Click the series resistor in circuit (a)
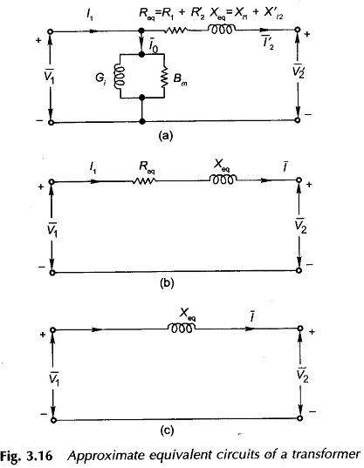(176, 30)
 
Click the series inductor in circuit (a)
(222, 29)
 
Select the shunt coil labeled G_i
(118, 77)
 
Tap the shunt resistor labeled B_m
(164, 77)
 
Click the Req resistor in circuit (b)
(144, 180)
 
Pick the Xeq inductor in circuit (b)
(223, 180)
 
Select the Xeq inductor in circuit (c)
(182, 328)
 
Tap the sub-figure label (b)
(166, 283)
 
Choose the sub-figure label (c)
(167, 431)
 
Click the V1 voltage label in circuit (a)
(49, 77)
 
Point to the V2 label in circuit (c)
(303, 375)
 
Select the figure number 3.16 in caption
(40, 456)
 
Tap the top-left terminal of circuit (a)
(51, 31)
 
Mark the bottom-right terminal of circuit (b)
(298, 270)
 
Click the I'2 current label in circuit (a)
(268, 44)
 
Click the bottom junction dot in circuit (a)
(142, 121)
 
